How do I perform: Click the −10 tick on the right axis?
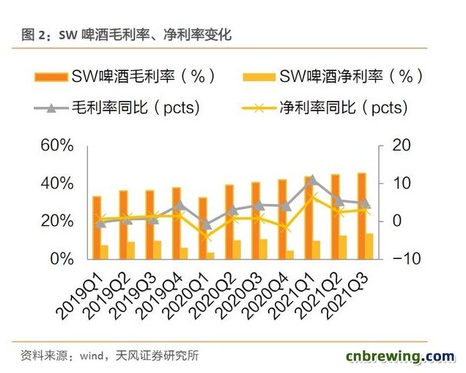(x=403, y=259)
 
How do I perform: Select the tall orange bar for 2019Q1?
(x=97, y=227)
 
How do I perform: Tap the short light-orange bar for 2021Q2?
(x=343, y=247)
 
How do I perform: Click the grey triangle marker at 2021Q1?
(x=312, y=179)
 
